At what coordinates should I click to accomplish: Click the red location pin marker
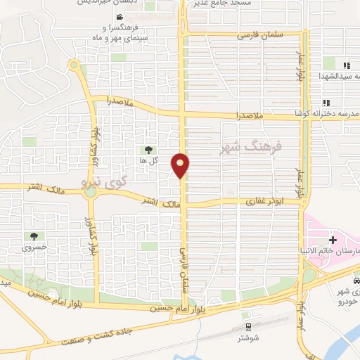coord(181,165)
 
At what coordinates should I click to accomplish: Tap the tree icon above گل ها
coord(148,149)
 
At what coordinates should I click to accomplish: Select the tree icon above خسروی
coord(34,236)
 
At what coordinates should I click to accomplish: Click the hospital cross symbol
coord(332,240)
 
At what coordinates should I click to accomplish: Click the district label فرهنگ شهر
coord(250,148)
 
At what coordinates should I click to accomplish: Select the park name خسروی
coord(34,247)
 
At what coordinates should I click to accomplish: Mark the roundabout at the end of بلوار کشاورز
coord(73,65)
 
